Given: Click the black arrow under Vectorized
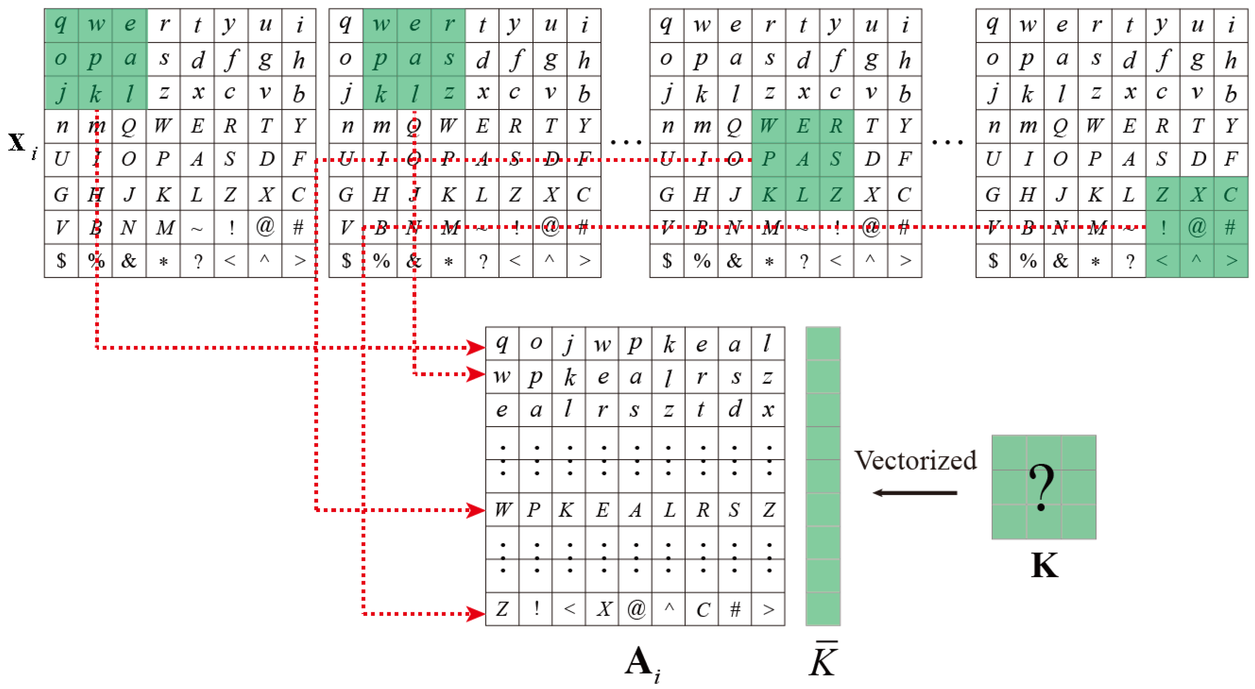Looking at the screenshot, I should (x=915, y=493).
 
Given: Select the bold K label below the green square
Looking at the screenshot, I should (x=1045, y=565).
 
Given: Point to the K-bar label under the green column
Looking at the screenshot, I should (x=823, y=660).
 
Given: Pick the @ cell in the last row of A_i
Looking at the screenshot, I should (x=636, y=609).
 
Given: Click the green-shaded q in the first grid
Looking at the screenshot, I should (x=61, y=24).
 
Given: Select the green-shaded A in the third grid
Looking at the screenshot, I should (x=803, y=159).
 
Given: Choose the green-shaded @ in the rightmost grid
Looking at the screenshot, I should (x=1196, y=227).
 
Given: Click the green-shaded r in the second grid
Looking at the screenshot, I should (x=448, y=24).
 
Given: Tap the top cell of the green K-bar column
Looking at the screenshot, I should (x=823, y=343).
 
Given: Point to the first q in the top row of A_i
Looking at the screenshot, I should (x=502, y=343).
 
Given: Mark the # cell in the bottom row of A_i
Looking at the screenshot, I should (x=735, y=609).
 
